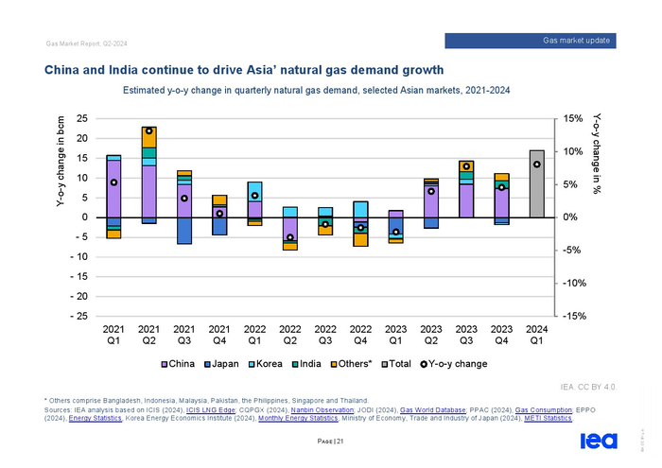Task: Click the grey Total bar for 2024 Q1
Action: (x=536, y=184)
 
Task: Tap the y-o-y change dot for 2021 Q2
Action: (x=149, y=131)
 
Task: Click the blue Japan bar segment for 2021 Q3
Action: (x=184, y=231)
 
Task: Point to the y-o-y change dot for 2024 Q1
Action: (x=536, y=164)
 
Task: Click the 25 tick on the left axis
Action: (x=82, y=118)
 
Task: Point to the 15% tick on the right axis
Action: (x=579, y=118)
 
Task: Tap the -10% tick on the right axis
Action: (x=579, y=284)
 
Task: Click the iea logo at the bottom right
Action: (x=598, y=441)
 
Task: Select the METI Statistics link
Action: (x=548, y=417)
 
